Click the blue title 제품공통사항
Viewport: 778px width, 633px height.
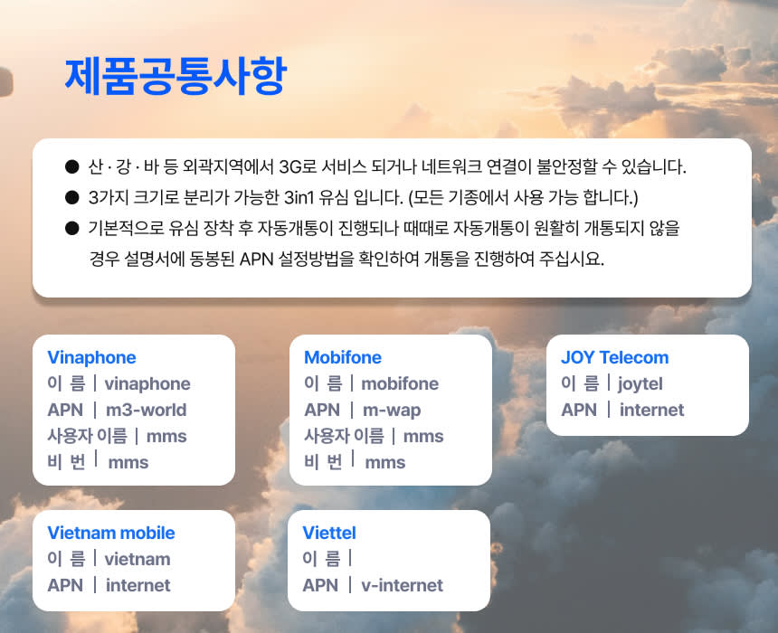click(x=176, y=75)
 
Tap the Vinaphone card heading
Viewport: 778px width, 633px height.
click(x=91, y=357)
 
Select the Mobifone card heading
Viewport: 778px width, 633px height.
click(x=343, y=357)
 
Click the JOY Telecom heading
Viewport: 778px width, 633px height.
click(x=615, y=357)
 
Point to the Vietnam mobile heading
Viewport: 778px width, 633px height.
click(x=111, y=533)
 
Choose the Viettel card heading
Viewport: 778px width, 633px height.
click(x=329, y=533)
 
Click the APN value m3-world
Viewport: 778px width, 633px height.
click(x=147, y=410)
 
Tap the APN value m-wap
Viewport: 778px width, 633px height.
click(x=392, y=411)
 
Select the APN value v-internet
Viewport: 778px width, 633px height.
click(x=402, y=585)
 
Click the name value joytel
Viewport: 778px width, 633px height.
click(x=640, y=384)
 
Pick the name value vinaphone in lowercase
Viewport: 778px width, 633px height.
click(x=147, y=384)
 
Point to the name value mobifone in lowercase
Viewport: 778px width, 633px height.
click(x=400, y=383)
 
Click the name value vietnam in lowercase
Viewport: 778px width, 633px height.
click(x=138, y=559)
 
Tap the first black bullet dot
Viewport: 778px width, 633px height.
click(x=72, y=166)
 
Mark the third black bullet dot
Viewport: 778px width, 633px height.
click(x=72, y=228)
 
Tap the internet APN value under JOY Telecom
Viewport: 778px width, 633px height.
click(x=651, y=410)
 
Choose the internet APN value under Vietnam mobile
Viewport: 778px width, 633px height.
click(x=138, y=585)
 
